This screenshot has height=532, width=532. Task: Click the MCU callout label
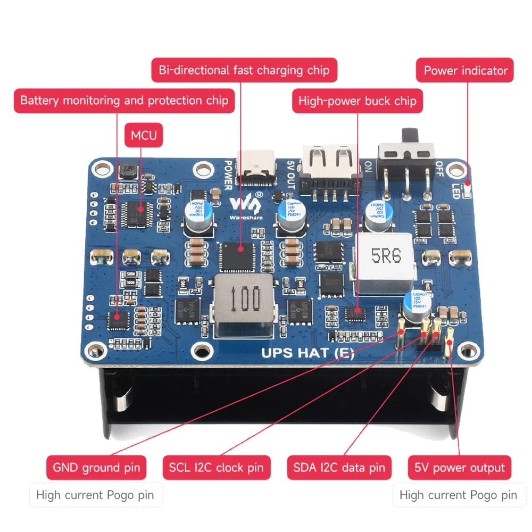[144, 136]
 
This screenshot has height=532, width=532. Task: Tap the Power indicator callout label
[465, 70]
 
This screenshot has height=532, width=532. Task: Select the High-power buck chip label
[357, 101]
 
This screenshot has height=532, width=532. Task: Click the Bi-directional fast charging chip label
[244, 70]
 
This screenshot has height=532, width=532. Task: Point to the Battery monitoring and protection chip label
[124, 100]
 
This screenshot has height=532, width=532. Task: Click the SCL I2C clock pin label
[216, 468]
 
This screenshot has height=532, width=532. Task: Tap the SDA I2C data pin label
[339, 468]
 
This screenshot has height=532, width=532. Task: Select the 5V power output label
[460, 468]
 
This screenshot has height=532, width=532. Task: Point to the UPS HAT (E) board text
[307, 353]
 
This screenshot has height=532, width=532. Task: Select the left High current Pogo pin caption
[95, 495]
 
